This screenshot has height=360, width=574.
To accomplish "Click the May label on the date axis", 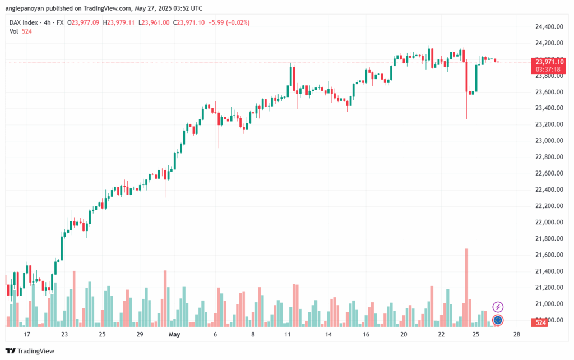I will (x=175, y=335).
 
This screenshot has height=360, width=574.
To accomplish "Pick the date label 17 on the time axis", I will (x=27, y=335).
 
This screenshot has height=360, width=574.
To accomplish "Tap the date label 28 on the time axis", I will (x=516, y=335).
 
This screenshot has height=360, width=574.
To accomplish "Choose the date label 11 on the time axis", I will (x=288, y=335).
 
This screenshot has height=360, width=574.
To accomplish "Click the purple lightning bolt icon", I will (x=498, y=307).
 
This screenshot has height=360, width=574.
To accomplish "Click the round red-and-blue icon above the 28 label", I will (x=497, y=321).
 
